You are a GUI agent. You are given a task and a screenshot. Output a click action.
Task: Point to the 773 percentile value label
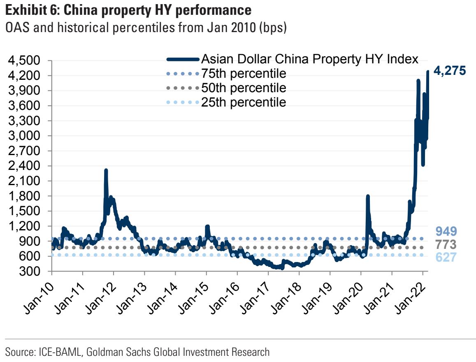point(446,245)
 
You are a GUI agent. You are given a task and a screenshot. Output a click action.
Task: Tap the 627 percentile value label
point(446,258)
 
